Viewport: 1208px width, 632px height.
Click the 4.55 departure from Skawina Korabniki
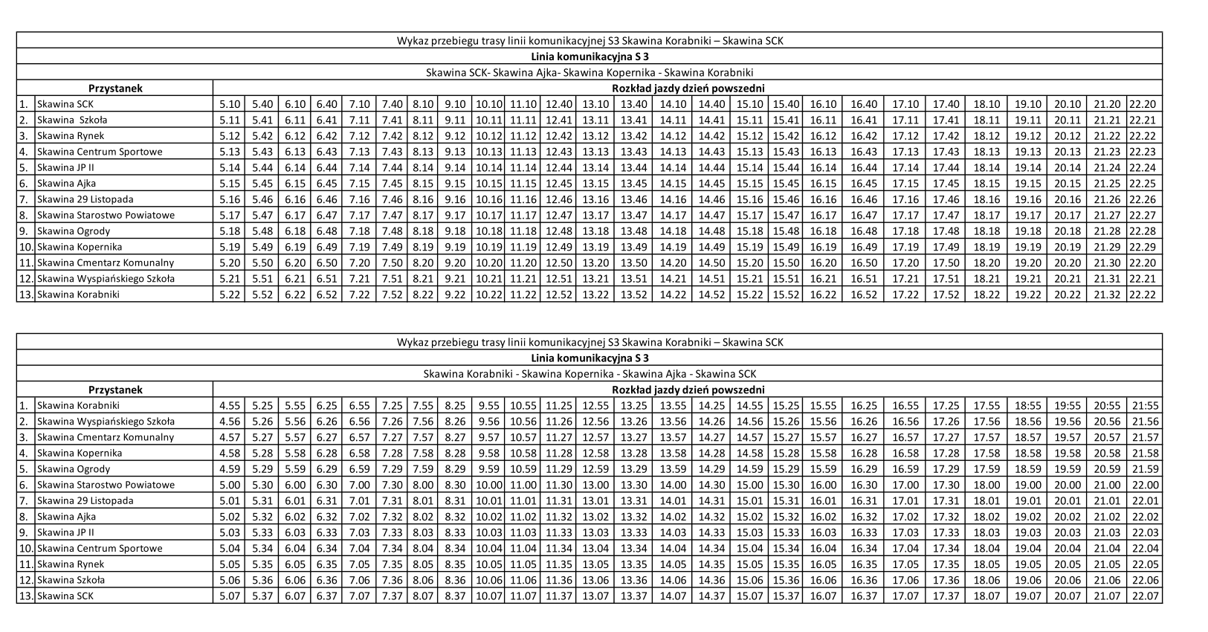tap(230, 406)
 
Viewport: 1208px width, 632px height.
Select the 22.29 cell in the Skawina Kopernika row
tap(1143, 247)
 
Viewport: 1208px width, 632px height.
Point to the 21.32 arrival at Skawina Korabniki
tap(1107, 294)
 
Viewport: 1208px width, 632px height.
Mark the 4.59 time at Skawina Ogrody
tap(230, 469)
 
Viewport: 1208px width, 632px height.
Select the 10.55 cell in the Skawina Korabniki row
tap(523, 406)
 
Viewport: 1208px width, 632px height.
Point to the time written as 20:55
tap(1107, 406)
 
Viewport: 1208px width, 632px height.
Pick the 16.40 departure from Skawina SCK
tap(864, 104)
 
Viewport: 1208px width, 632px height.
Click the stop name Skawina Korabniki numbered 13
tap(78, 294)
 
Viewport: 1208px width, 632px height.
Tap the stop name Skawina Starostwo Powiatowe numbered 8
tap(106, 215)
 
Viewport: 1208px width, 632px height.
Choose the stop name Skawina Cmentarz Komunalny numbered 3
tap(106, 437)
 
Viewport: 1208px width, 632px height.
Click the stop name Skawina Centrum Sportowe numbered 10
tap(100, 549)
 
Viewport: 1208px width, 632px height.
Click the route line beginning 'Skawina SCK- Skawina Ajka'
tap(590, 73)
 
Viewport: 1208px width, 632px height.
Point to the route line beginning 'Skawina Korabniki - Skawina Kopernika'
tap(590, 374)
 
